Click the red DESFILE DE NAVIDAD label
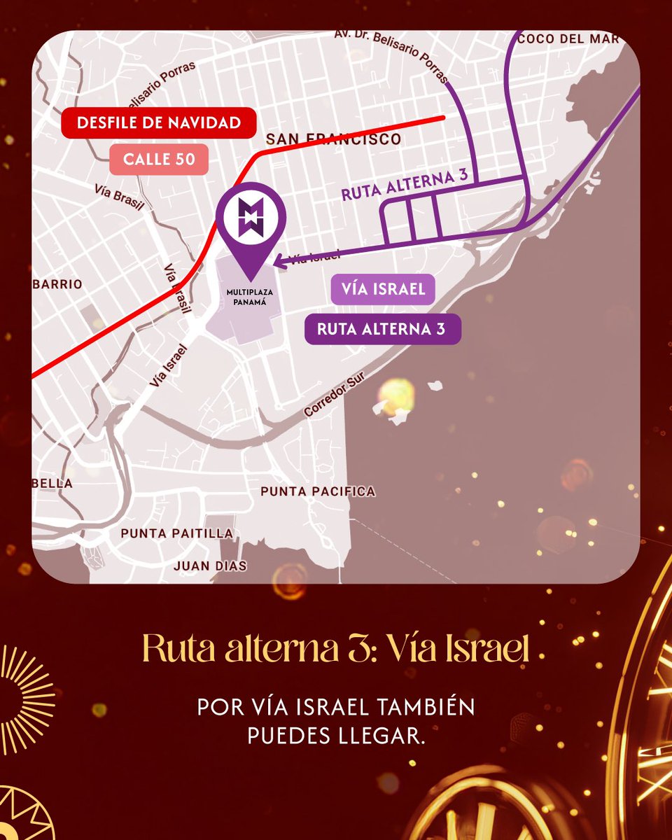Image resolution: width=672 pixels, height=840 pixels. coord(158,123)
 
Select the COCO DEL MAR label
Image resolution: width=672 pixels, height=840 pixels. coord(568,39)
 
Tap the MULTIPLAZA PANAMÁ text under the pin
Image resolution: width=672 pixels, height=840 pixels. coord(251,297)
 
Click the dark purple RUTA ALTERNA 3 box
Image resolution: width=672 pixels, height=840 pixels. coord(382,329)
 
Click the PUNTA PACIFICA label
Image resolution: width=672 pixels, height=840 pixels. coord(317,492)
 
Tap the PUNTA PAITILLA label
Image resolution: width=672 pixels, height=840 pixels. coord(176,533)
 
